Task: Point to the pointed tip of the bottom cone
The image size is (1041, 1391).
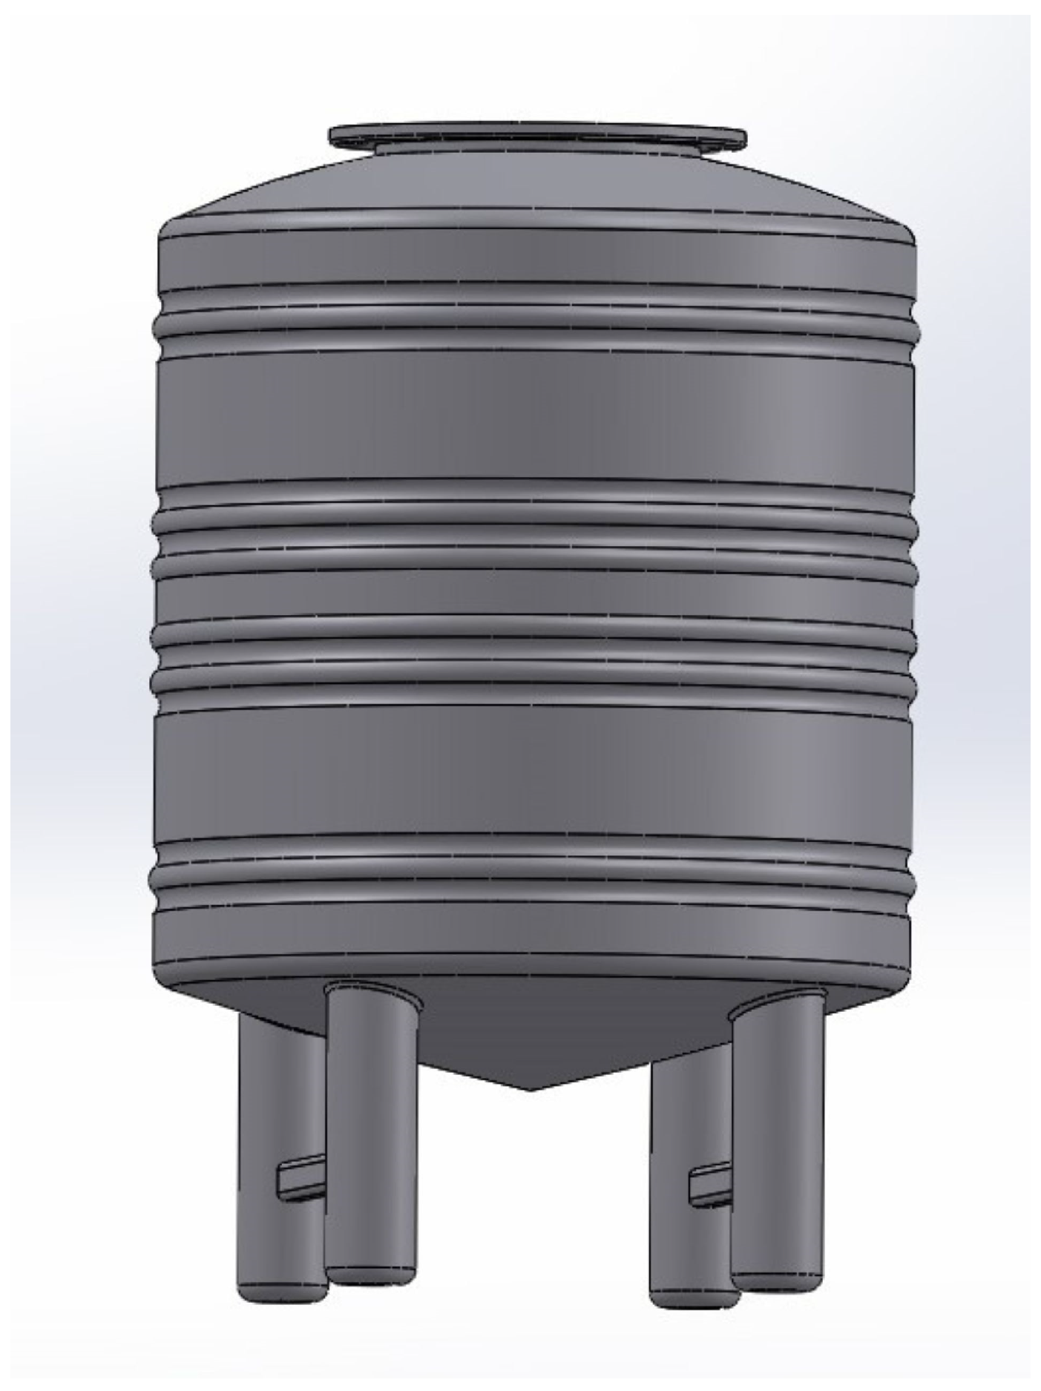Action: (529, 1088)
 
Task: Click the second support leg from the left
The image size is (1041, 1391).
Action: (371, 1113)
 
